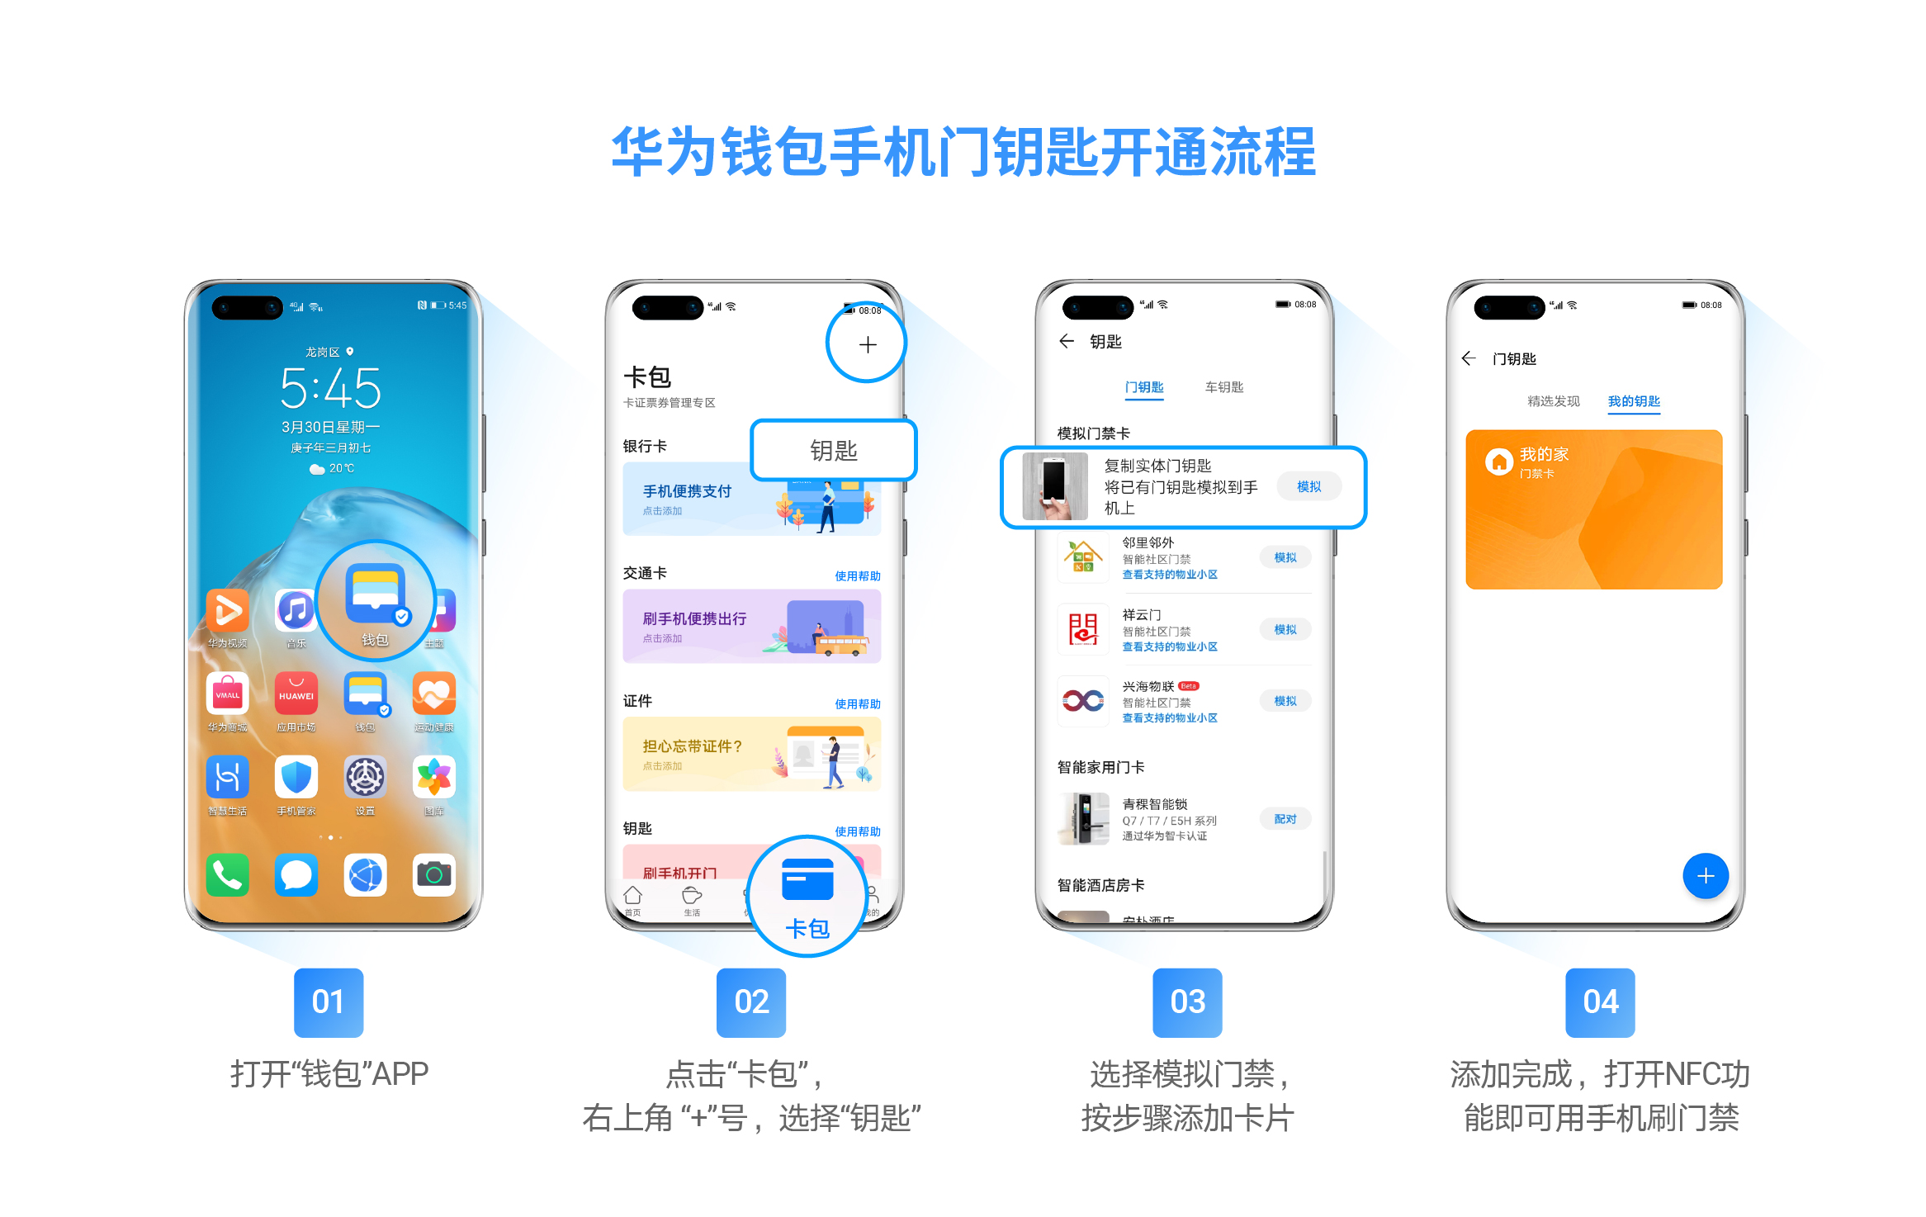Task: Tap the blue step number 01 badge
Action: pos(329,1002)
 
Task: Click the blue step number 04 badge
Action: pos(1600,1002)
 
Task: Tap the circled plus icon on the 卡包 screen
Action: pos(867,344)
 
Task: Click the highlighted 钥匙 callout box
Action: pos(834,450)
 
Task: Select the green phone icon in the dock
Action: pos(228,874)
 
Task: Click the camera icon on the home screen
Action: pos(434,874)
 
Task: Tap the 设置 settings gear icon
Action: pos(365,778)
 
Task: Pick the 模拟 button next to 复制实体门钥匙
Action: pos(1308,486)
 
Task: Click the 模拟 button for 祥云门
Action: pos(1285,629)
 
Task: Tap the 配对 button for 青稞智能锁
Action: pos(1285,819)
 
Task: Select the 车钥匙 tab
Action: pos(1223,387)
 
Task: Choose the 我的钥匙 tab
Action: pos(1634,401)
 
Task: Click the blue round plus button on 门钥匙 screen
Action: pos(1706,876)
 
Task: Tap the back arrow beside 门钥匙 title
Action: pos(1469,358)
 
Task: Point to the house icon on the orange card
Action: pos(1498,462)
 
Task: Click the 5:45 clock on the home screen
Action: pos(330,388)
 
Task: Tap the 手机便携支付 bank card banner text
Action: pos(687,491)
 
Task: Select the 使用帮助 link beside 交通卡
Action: pos(857,576)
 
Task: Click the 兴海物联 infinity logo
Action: pos(1083,701)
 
